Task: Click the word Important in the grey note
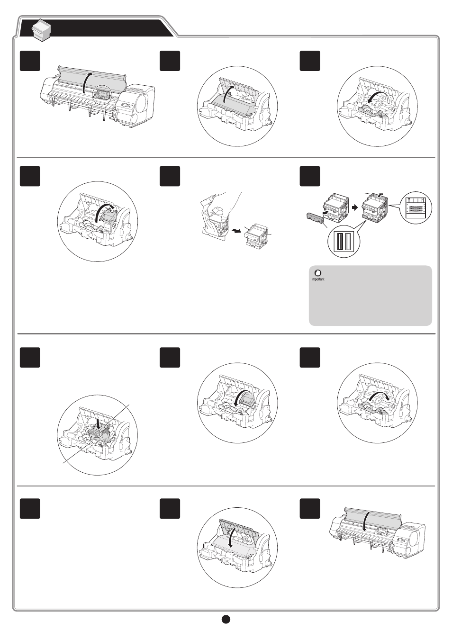point(317,279)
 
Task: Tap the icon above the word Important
point(317,273)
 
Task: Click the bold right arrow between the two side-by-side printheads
point(355,207)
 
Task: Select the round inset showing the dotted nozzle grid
point(416,207)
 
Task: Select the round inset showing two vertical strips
point(344,241)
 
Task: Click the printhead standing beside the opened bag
point(256,235)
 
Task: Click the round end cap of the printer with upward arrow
point(141,101)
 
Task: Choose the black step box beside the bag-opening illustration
point(170,176)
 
